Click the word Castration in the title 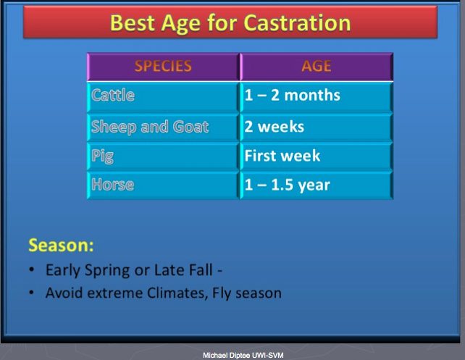click(297, 23)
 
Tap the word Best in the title click(133, 23)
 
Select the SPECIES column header click(163, 66)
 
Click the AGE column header click(317, 66)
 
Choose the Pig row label click(102, 156)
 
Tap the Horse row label click(113, 185)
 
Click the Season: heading click(61, 246)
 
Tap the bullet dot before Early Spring click(32, 270)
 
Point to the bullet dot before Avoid click(32, 293)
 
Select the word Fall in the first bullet click(198, 270)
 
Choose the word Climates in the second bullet click(177, 293)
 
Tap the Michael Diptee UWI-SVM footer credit click(243, 355)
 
